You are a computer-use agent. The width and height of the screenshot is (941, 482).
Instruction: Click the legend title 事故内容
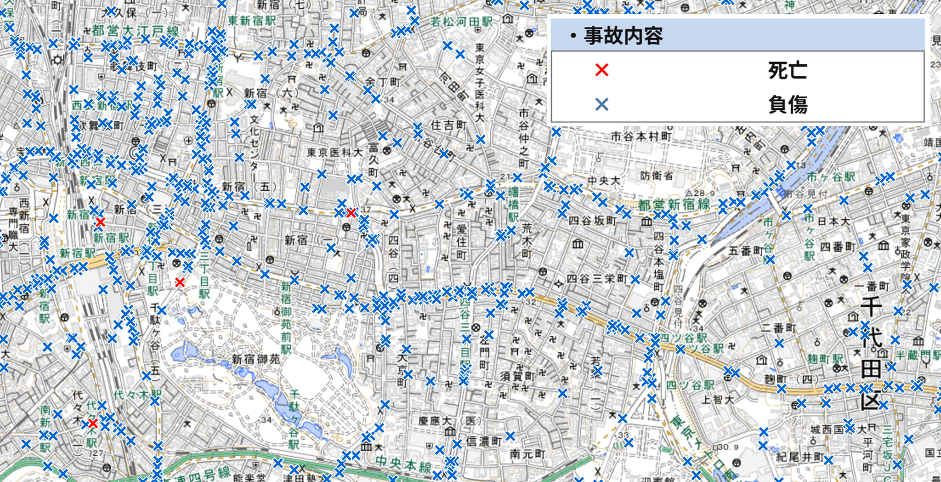pyautogui.click(x=623, y=36)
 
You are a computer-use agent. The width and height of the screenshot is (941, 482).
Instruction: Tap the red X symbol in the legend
pyautogui.click(x=601, y=70)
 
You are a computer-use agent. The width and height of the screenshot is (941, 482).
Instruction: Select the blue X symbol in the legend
pyautogui.click(x=601, y=105)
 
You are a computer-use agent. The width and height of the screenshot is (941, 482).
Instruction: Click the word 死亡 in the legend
pyautogui.click(x=787, y=70)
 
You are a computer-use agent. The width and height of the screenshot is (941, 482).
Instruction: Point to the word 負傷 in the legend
pyautogui.click(x=787, y=105)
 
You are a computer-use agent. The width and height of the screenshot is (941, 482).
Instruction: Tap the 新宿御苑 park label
pyautogui.click(x=257, y=359)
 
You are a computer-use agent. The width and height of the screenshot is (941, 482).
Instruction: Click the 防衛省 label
pyautogui.click(x=656, y=175)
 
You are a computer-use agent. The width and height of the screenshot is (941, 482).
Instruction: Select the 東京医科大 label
pyautogui.click(x=335, y=152)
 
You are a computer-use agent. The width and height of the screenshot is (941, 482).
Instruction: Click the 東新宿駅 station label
pyautogui.click(x=252, y=20)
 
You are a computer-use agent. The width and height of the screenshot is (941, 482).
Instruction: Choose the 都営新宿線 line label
pyautogui.click(x=673, y=205)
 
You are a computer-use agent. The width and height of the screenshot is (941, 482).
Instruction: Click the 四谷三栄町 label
pyautogui.click(x=596, y=279)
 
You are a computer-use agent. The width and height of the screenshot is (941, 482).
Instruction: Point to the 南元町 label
pyautogui.click(x=527, y=453)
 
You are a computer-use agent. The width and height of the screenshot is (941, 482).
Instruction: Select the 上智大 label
pyautogui.click(x=717, y=400)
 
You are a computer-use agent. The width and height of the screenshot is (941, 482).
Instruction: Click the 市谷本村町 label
pyautogui.click(x=641, y=136)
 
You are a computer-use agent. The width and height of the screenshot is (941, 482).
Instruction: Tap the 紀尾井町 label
pyautogui.click(x=800, y=456)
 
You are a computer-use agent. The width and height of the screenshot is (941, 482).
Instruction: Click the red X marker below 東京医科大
pyautogui.click(x=351, y=214)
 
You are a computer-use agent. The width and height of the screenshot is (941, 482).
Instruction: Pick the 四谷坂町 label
pyautogui.click(x=592, y=221)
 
